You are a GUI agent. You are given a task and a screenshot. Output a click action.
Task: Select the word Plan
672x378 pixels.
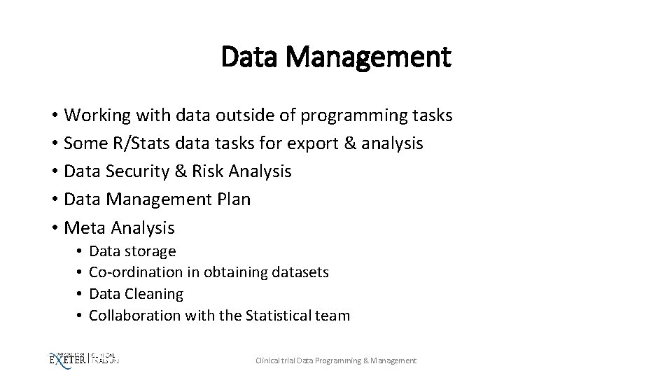pyautogui.click(x=234, y=199)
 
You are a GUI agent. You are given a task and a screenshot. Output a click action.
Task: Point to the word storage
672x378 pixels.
pyautogui.click(x=150, y=251)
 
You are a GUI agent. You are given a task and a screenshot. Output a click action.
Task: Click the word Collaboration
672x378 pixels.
pyautogui.click(x=135, y=316)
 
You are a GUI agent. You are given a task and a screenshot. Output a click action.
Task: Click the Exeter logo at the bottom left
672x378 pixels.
pyautogui.click(x=66, y=359)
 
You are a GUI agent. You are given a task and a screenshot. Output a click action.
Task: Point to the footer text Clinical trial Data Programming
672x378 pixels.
pyautogui.click(x=308, y=360)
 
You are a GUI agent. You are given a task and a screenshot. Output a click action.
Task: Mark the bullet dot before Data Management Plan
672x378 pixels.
pyautogui.click(x=54, y=200)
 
